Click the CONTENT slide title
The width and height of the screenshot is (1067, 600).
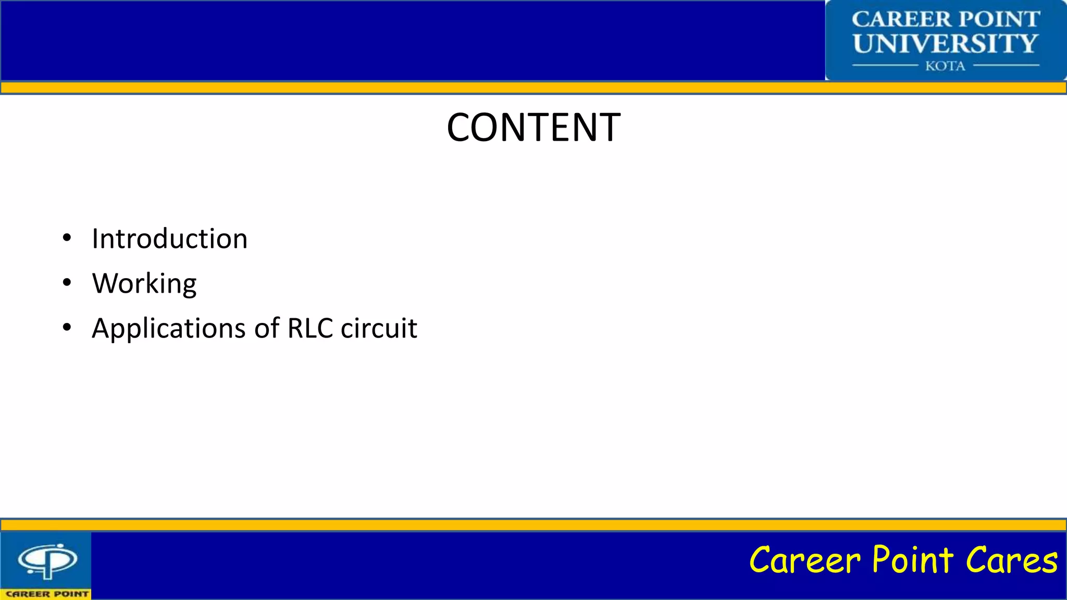point(533,128)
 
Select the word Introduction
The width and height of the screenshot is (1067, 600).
point(169,239)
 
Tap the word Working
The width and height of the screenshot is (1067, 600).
point(144,284)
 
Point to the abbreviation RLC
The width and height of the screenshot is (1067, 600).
point(310,328)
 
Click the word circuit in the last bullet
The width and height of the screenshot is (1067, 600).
point(379,328)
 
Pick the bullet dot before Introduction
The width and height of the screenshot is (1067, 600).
point(67,239)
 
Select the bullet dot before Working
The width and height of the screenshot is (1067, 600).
point(67,283)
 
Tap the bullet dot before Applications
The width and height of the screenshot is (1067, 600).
point(67,328)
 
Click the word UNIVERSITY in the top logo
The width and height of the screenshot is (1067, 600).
point(946,44)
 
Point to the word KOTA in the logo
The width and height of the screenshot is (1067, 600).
point(945,66)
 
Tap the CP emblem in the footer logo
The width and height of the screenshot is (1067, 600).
point(47,561)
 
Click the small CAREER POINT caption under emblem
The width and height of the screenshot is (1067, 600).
point(47,594)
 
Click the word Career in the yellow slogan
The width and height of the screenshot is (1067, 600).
point(804,560)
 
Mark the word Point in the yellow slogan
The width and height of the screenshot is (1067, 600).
point(913,560)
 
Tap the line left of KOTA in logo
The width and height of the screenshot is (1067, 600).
point(885,66)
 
